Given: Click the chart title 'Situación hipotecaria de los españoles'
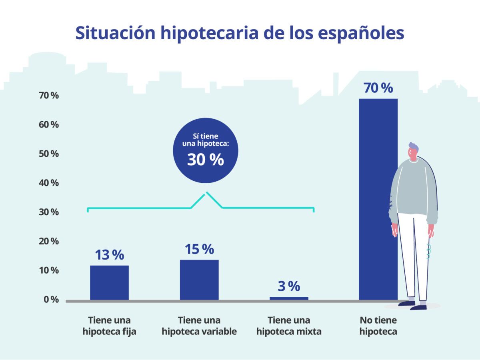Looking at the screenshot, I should click(x=240, y=33).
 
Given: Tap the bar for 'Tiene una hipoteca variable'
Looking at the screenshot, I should click(x=199, y=280).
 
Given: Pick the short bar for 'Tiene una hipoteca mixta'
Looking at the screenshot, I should click(x=289, y=298).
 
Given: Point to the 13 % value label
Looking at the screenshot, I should click(x=109, y=255).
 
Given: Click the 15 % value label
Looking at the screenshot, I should click(x=199, y=249).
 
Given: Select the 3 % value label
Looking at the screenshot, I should click(x=289, y=286).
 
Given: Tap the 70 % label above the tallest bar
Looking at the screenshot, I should click(x=378, y=88).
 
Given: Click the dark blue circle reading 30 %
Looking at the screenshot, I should click(x=206, y=150).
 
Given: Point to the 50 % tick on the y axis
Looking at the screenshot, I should click(x=49, y=154).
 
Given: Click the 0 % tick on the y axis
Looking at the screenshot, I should click(x=51, y=300).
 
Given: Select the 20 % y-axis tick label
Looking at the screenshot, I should click(x=49, y=241).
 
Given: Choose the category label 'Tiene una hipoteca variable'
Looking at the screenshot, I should click(x=199, y=326).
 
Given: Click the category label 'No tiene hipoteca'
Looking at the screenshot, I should click(x=378, y=326).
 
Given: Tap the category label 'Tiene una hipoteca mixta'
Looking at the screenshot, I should click(x=289, y=326).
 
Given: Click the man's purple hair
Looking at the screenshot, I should click(x=414, y=147).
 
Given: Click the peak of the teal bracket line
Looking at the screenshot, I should click(x=206, y=193).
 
